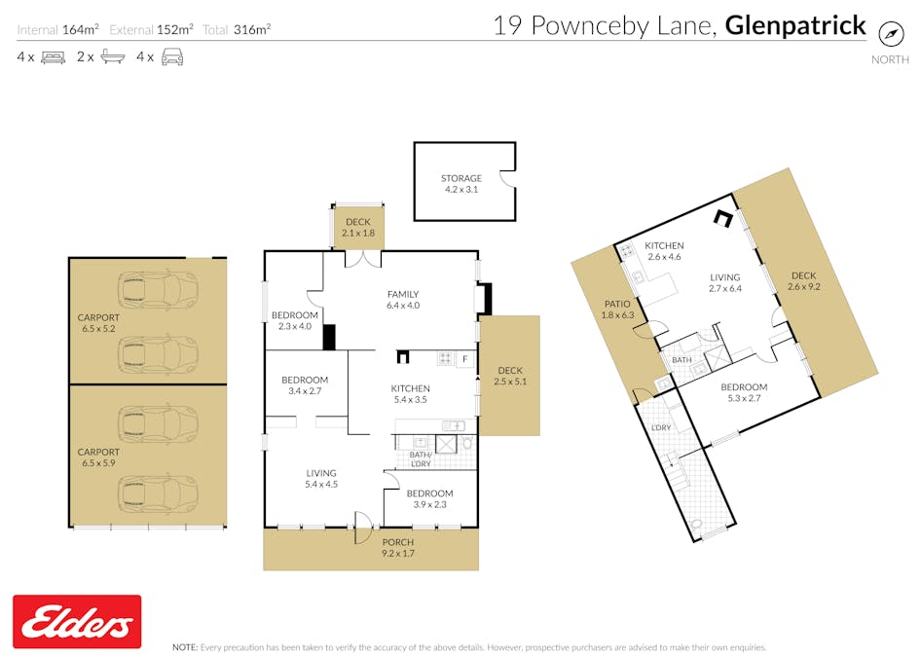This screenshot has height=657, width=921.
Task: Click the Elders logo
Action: point(77,622)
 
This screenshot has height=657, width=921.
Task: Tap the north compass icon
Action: point(891,33)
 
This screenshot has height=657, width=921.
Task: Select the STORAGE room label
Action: point(460,184)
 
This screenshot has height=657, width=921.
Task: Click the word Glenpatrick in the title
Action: point(795,25)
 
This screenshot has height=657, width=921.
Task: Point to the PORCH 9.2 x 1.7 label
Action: point(397,548)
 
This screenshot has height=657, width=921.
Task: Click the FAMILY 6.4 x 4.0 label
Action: point(402,300)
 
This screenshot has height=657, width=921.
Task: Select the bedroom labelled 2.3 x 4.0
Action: point(294,320)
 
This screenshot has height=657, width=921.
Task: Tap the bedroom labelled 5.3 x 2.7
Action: point(744,393)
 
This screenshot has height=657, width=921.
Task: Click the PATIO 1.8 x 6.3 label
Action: point(618,309)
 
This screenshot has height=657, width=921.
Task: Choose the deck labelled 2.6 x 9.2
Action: point(803,281)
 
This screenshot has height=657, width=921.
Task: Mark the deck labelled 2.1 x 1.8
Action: point(358,228)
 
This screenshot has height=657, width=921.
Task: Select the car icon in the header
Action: point(172,57)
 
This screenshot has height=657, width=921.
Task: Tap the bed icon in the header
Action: point(53,57)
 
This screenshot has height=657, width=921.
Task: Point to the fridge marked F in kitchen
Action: point(465,359)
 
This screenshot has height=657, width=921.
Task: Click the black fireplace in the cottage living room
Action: point(723,220)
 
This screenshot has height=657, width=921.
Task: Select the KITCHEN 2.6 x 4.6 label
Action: point(664,251)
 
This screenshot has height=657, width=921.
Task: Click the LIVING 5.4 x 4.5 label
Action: point(320,478)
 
